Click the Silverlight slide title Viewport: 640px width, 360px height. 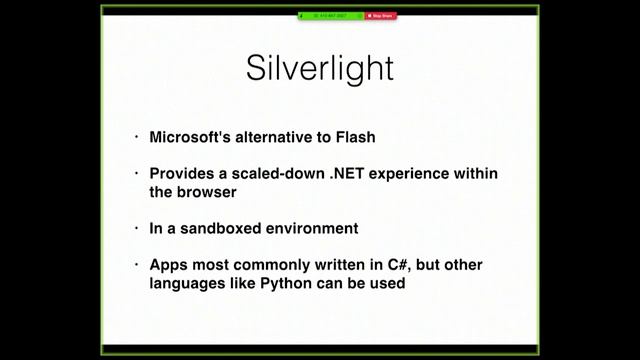point(320,68)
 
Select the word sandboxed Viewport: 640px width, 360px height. point(217,228)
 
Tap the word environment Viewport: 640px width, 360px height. point(309,228)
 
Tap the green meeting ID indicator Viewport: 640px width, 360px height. point(330,16)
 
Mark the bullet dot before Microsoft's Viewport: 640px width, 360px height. point(137,137)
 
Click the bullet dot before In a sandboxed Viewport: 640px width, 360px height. point(137,228)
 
